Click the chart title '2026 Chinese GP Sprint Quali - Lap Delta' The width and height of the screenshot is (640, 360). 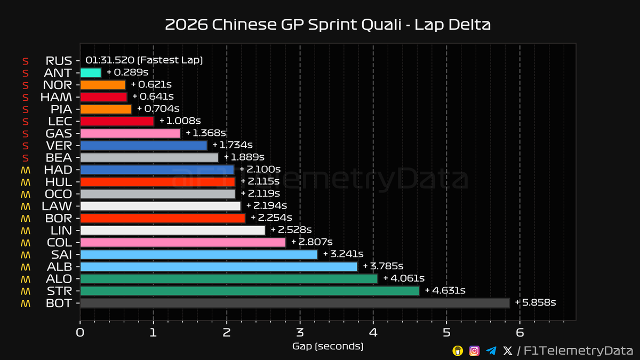320,25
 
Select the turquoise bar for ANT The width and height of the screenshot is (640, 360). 91,73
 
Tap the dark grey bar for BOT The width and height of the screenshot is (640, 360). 294,303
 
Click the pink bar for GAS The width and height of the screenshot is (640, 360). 130,133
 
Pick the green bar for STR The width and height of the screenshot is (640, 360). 250,291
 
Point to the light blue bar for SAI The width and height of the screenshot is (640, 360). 198,254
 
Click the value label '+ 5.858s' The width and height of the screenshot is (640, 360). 535,303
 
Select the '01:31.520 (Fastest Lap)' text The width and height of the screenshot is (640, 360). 144,61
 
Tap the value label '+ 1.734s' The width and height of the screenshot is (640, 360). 233,145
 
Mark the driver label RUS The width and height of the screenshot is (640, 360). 59,61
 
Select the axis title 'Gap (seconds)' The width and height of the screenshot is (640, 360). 327,347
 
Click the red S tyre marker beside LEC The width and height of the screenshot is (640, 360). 25,121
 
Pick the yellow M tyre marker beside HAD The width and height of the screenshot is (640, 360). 25,170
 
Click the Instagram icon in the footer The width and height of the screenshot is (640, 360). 474,350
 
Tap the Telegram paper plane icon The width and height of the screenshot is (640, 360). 491,350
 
